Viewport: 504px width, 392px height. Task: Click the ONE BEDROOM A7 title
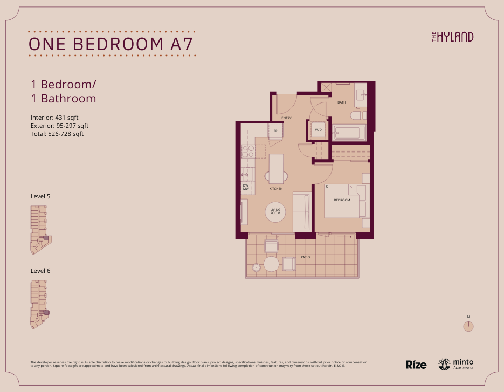(110, 44)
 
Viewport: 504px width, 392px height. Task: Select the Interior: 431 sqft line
(54, 118)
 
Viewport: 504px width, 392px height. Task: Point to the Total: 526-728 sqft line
(57, 134)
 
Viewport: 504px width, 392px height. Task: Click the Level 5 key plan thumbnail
(40, 231)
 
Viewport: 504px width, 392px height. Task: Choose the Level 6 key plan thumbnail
(39, 304)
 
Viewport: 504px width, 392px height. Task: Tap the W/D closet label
(318, 130)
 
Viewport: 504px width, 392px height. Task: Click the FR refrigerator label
(275, 131)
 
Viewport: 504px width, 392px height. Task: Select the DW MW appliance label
(246, 187)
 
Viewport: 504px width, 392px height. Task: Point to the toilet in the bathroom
(357, 115)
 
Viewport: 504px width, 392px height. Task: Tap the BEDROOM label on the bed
(342, 200)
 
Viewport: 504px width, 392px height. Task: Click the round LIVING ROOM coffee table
(275, 212)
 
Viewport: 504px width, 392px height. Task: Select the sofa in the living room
(301, 211)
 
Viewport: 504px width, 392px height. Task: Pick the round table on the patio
(271, 264)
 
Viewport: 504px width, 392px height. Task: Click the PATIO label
(305, 257)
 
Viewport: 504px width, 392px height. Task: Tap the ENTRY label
(286, 117)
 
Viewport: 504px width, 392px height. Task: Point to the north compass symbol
(468, 326)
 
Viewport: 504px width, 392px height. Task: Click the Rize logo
(416, 365)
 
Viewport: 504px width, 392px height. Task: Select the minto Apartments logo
(456, 365)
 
